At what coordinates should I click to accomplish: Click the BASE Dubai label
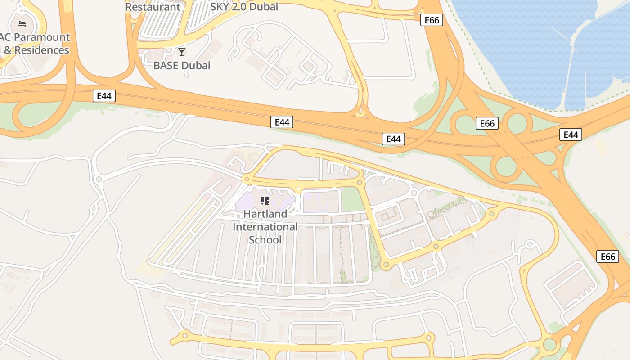click(x=182, y=65)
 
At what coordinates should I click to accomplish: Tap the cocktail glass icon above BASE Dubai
click(x=182, y=52)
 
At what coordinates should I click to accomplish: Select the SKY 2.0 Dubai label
click(x=244, y=7)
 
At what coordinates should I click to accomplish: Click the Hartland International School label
click(x=265, y=226)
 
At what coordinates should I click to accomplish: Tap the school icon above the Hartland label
click(x=265, y=200)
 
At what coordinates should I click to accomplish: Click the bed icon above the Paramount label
click(x=22, y=23)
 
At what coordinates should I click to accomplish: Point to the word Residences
click(x=42, y=50)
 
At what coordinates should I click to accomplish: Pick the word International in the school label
click(x=265, y=227)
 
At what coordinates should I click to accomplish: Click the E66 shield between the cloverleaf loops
click(x=487, y=123)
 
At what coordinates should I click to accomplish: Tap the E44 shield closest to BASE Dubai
click(x=104, y=95)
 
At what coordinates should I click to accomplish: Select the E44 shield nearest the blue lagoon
click(x=571, y=135)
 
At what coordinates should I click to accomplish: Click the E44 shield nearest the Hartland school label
click(x=282, y=122)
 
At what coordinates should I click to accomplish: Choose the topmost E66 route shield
click(x=432, y=20)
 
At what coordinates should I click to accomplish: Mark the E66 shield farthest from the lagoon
click(x=607, y=256)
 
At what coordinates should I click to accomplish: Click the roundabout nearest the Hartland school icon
click(x=247, y=179)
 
